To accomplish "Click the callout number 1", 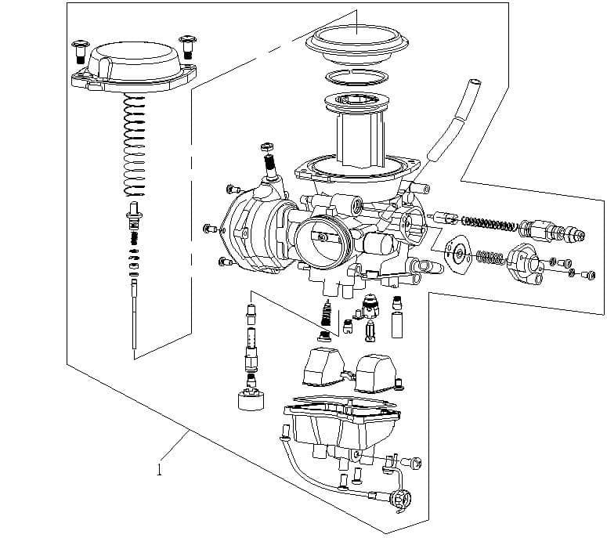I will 160,470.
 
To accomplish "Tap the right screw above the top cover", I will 186,45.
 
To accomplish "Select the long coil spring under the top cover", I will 135,145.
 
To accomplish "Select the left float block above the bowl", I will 323,366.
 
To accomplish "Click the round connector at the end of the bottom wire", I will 402,499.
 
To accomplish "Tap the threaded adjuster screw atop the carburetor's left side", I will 269,163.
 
